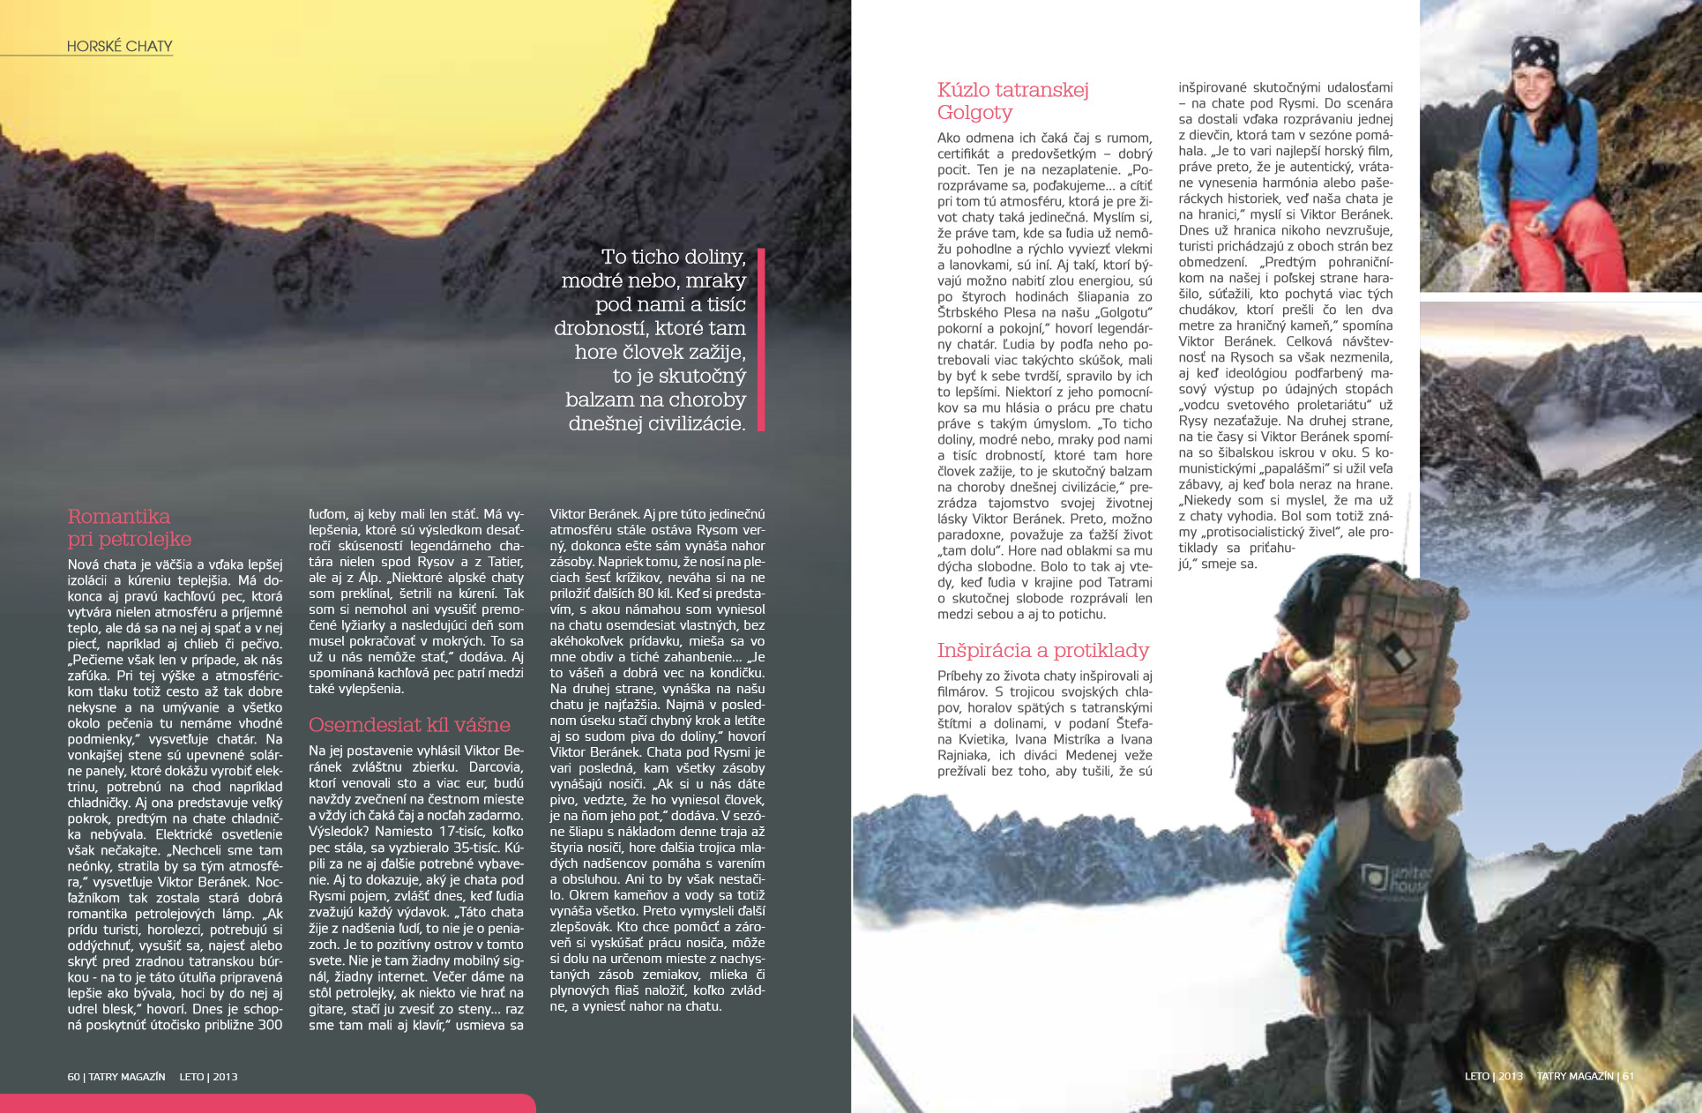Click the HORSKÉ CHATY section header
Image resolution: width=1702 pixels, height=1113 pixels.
(119, 47)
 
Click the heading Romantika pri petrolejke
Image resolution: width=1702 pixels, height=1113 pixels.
(129, 527)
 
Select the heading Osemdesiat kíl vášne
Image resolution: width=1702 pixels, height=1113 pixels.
(409, 725)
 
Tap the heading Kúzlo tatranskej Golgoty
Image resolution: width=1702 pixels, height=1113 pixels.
(1012, 101)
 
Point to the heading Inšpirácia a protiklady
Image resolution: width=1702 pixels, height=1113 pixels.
(1042, 651)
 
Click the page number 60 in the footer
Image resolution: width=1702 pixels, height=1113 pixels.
(73, 1077)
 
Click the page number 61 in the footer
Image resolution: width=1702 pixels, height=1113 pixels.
(1628, 1076)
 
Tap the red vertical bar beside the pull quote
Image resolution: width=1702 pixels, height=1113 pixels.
(761, 340)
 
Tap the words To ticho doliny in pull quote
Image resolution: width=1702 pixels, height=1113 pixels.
(673, 257)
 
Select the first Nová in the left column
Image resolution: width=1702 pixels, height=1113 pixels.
(85, 564)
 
